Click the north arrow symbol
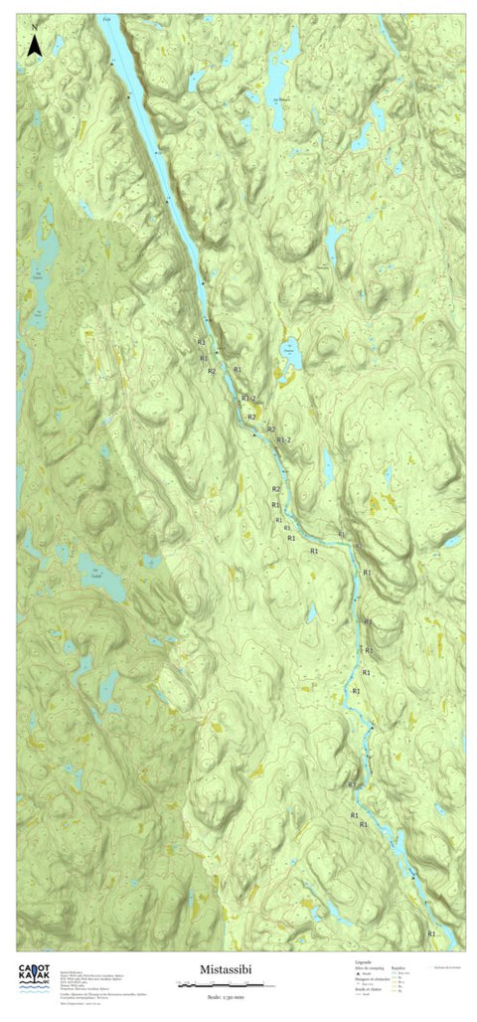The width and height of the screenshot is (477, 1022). click(x=35, y=44)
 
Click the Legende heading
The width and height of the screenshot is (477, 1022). click(x=364, y=962)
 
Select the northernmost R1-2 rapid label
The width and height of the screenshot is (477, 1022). click(x=248, y=399)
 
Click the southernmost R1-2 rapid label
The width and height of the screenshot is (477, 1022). click(x=284, y=439)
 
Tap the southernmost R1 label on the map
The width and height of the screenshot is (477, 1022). click(x=431, y=934)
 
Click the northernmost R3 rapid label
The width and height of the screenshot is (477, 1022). click(x=368, y=622)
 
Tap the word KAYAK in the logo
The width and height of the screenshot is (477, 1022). click(x=36, y=983)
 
